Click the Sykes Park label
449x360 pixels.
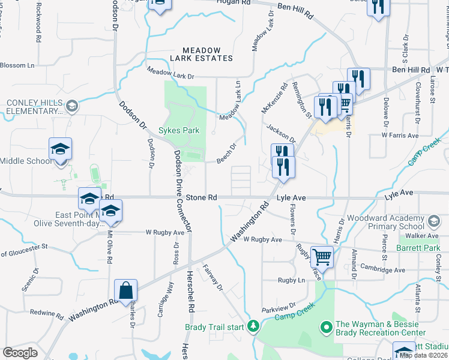(178, 130)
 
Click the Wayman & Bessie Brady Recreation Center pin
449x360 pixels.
(327, 327)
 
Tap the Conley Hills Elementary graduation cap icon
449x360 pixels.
(71, 107)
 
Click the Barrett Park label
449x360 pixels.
(418, 246)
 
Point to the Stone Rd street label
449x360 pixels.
(200, 197)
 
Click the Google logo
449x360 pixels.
(20, 353)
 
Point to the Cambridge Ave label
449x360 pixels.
(382, 270)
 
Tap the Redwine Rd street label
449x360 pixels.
(46, 314)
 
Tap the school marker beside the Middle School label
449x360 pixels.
(61, 149)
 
